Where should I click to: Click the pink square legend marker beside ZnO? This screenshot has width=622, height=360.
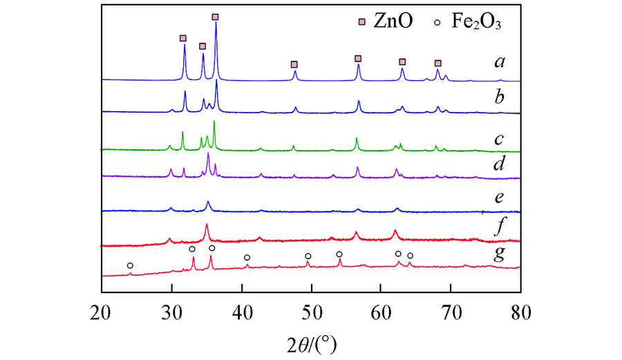361,21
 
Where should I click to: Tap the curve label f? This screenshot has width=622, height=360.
498,225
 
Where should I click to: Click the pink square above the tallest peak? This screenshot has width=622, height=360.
215,17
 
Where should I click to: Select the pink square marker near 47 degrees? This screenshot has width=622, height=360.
294,64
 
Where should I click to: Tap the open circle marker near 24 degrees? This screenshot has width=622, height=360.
130,265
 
